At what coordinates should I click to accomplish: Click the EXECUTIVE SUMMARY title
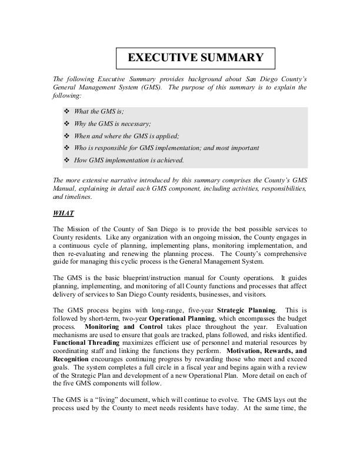coord(196,58)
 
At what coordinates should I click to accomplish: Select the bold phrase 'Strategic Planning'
coord(246,309)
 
